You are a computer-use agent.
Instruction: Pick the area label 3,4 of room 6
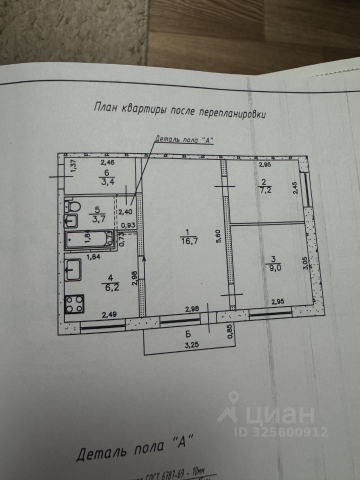[x=106, y=180]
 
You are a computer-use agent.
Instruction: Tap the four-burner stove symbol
[x=74, y=303]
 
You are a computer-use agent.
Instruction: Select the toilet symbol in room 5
[x=73, y=206]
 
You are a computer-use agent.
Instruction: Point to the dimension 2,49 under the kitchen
[x=110, y=314]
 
